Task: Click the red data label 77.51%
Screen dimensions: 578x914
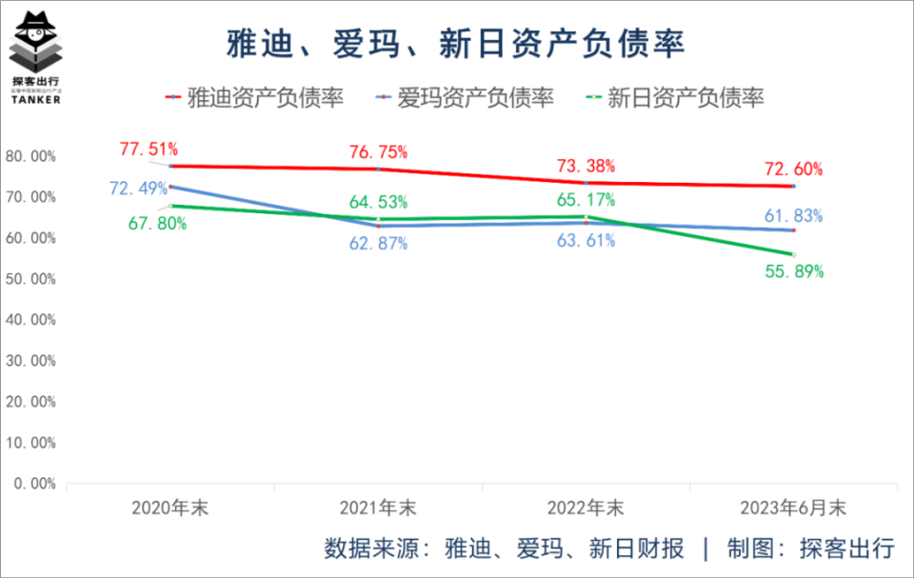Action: tap(149, 149)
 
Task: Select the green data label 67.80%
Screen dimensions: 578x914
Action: tap(158, 223)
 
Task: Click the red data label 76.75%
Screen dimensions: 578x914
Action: tap(378, 151)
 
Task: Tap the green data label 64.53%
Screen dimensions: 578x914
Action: tap(378, 201)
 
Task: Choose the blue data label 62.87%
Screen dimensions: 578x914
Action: tap(378, 243)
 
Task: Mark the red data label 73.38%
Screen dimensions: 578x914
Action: tap(586, 166)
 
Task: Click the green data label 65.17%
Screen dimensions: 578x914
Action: tap(586, 200)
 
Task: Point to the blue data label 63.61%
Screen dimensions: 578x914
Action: tap(586, 240)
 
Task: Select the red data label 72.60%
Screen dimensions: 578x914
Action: tap(794, 169)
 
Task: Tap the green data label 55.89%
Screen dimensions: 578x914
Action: tap(794, 271)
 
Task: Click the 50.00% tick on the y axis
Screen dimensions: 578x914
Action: tap(30, 279)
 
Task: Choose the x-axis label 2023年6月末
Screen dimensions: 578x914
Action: tap(794, 507)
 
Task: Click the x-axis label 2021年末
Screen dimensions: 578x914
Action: tap(378, 507)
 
